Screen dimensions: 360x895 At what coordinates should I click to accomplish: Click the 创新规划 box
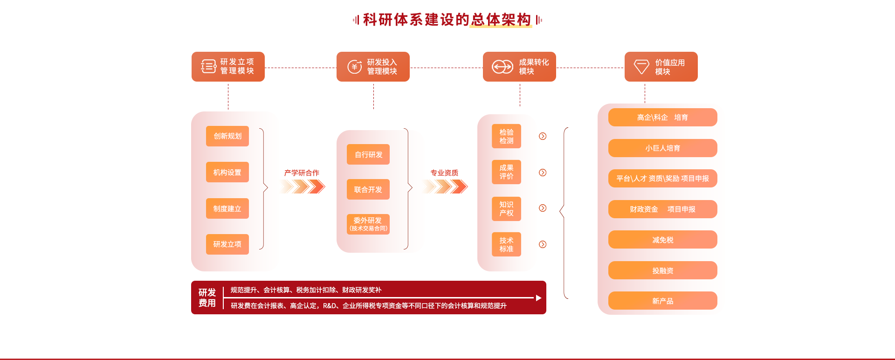[227, 136]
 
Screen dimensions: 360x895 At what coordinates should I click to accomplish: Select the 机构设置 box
[227, 172]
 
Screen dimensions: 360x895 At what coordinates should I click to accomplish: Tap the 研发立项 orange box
[227, 244]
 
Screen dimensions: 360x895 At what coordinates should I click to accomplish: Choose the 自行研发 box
[368, 154]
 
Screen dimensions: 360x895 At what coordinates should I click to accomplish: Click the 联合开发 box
[368, 189]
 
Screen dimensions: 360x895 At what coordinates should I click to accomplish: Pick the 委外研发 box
[368, 224]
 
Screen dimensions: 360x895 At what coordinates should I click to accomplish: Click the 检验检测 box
[506, 136]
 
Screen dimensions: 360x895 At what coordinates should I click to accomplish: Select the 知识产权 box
[506, 208]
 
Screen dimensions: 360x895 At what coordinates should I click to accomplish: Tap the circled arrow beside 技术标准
[543, 244]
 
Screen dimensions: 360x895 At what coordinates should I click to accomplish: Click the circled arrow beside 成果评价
[543, 173]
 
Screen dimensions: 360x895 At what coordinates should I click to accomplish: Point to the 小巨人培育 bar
[662, 148]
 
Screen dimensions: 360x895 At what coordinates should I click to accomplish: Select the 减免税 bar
[662, 240]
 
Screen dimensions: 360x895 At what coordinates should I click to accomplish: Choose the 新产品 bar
[662, 301]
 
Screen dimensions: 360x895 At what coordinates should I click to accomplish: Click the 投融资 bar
[662, 270]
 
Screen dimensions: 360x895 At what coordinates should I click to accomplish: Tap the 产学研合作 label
[302, 173]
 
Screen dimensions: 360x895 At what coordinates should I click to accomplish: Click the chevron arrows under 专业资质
[445, 187]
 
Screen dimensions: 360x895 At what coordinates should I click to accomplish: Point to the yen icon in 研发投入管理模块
[355, 67]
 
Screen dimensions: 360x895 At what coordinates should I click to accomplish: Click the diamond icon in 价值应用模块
[641, 67]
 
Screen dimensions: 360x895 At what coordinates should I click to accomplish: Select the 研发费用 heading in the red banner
[207, 298]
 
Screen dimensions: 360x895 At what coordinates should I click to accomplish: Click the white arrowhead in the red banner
[538, 298]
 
